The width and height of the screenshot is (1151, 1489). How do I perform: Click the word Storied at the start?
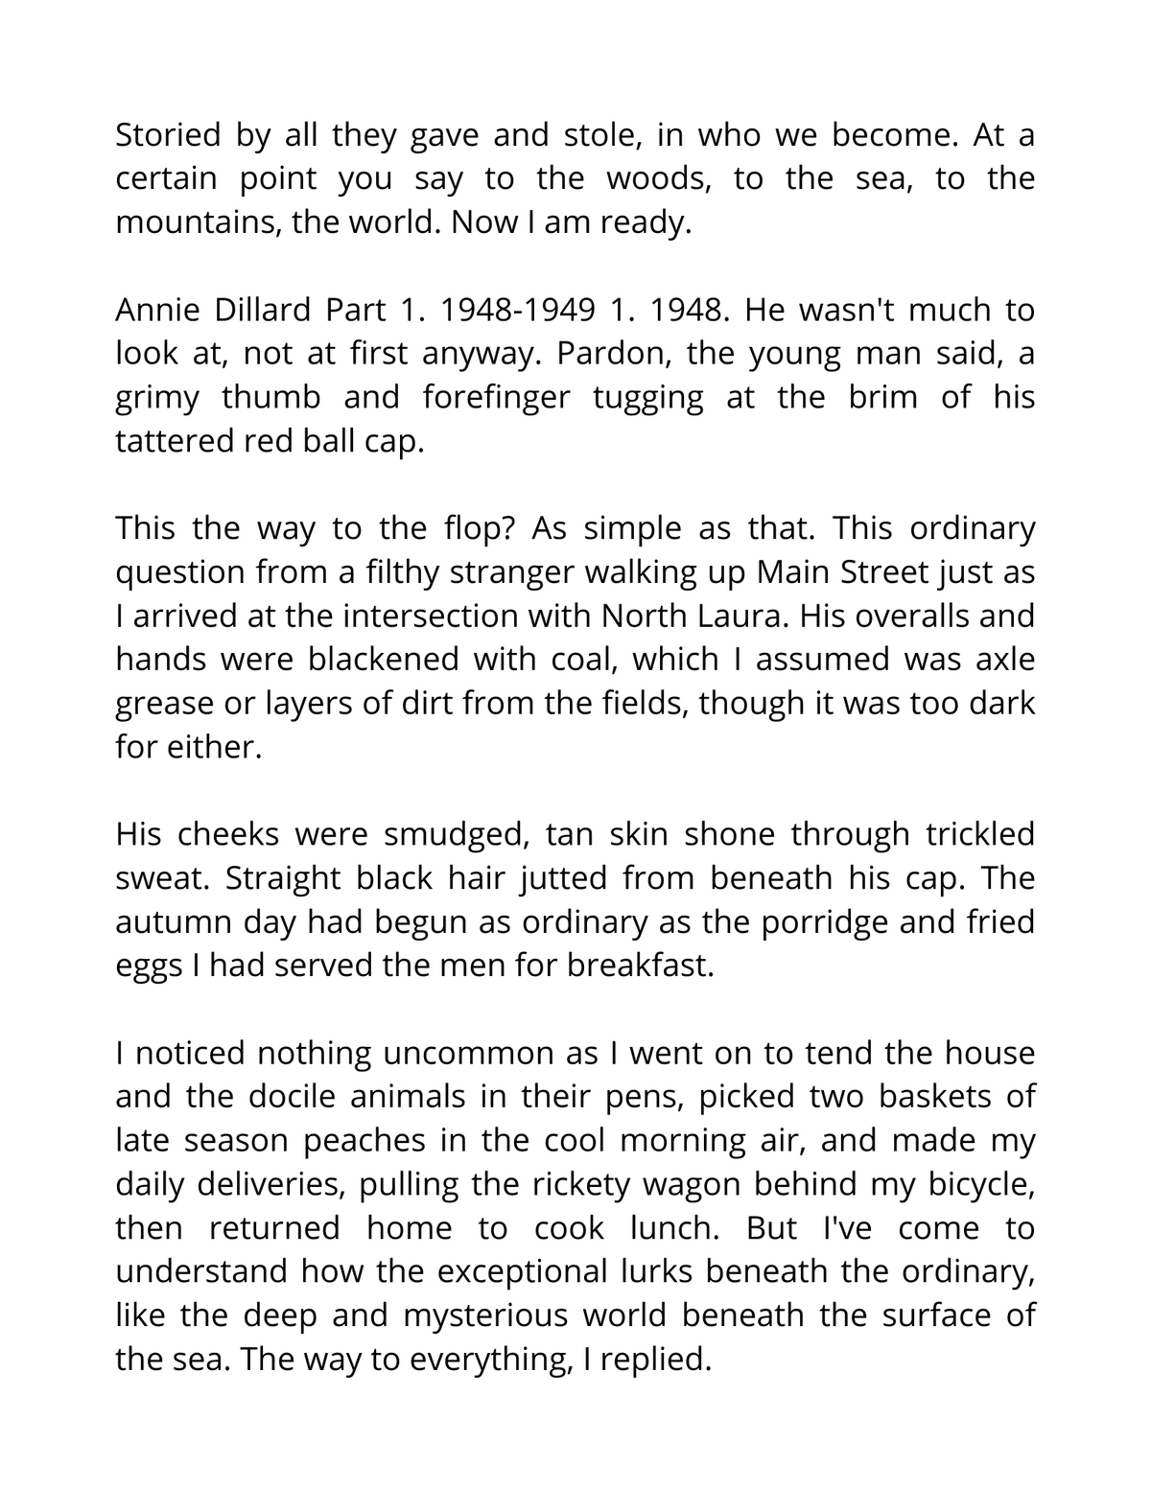(x=168, y=135)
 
